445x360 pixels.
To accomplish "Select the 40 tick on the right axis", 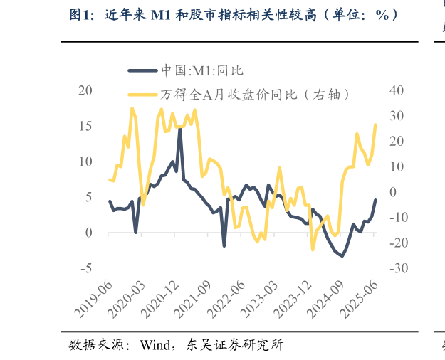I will [x=397, y=90].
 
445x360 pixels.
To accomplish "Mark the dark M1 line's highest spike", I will [x=179, y=129].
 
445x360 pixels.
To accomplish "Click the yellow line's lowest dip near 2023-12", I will [x=313, y=250].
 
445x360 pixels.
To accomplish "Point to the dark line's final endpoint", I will [x=376, y=200].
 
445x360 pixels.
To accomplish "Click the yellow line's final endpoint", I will [x=376, y=125].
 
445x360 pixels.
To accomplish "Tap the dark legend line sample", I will [x=142, y=70].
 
